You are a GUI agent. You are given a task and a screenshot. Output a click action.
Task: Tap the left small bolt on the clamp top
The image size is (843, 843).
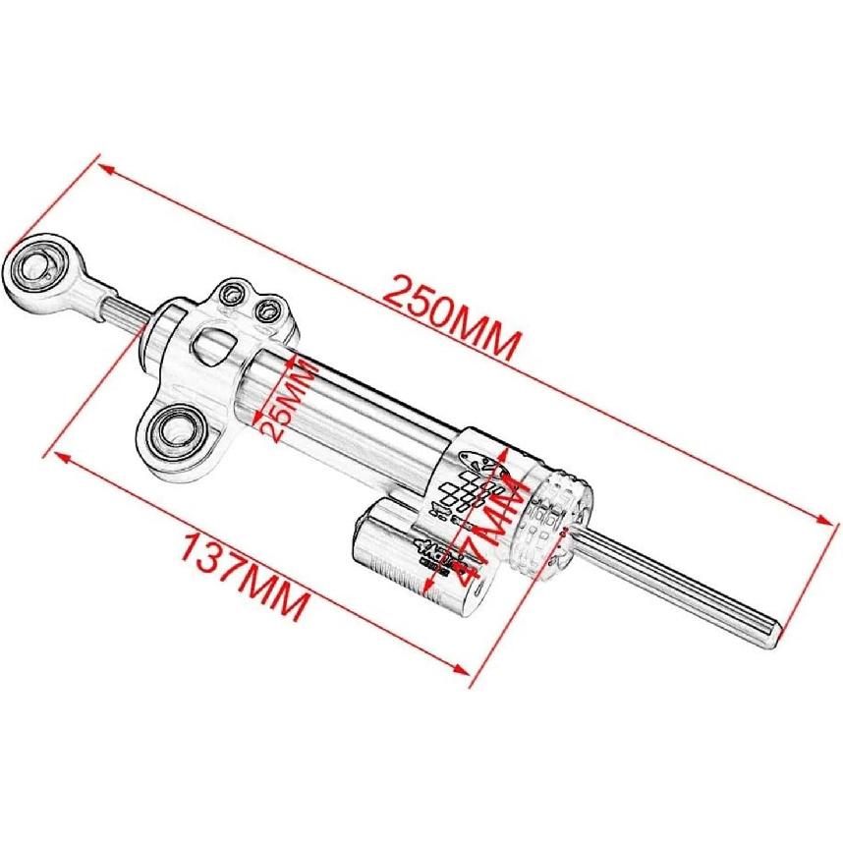click(233, 293)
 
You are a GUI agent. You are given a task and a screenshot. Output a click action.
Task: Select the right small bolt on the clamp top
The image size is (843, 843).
click(265, 311)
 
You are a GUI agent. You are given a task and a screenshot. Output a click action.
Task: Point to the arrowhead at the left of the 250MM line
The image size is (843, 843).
click(107, 169)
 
